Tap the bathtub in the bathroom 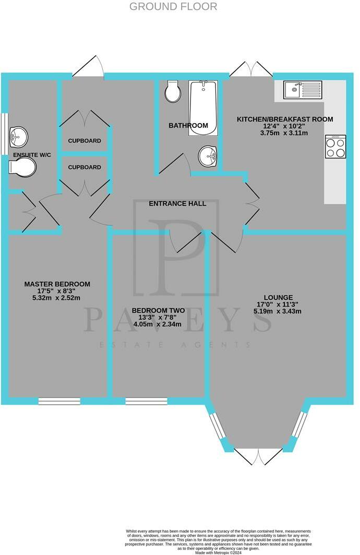pyautogui.click(x=202, y=107)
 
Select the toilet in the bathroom pyautogui.click(x=173, y=92)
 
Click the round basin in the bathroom pyautogui.click(x=209, y=155)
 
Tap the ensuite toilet pyautogui.click(x=22, y=167)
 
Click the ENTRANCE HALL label pyautogui.click(x=177, y=203)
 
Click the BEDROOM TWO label pyautogui.click(x=157, y=309)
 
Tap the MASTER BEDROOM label pyautogui.click(x=57, y=284)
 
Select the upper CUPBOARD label pyautogui.click(x=85, y=141)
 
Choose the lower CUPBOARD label pyautogui.click(x=85, y=167)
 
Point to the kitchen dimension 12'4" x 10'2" pyautogui.click(x=285, y=126)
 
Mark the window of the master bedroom pyautogui.click(x=59, y=401)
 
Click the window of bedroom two pyautogui.click(x=146, y=401)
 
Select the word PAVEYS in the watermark pyautogui.click(x=177, y=319)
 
